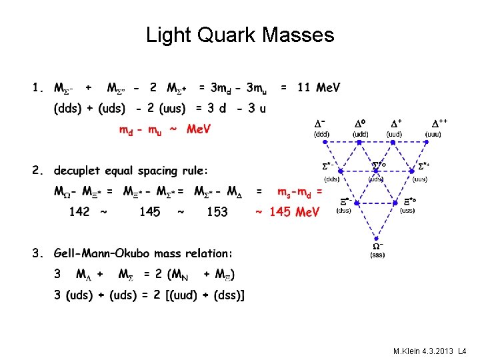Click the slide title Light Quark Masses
(x=240, y=34)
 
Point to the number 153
(x=217, y=212)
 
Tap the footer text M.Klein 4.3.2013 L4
(x=431, y=351)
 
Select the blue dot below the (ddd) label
(x=321, y=143)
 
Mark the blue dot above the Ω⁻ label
(x=377, y=237)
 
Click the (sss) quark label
(x=377, y=254)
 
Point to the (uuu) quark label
(x=435, y=134)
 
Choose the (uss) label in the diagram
(x=407, y=210)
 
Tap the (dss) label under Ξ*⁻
(x=345, y=210)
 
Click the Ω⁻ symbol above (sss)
(x=377, y=245)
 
